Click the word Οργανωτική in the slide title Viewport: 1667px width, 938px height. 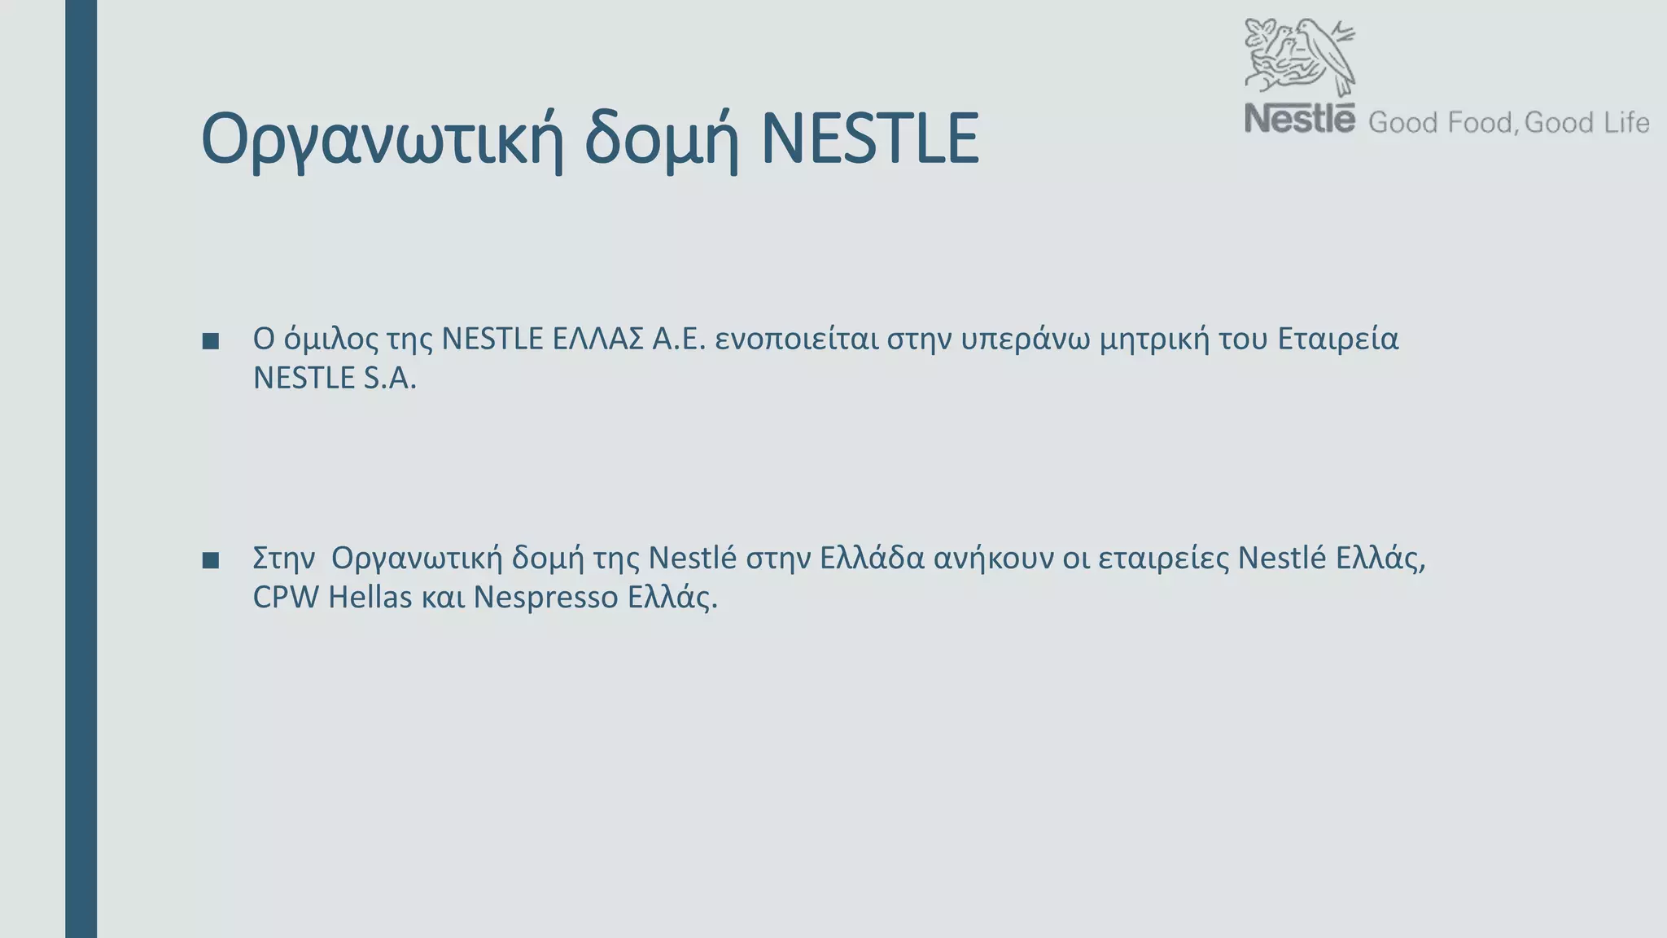click(383, 140)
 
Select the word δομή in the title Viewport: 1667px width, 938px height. click(661, 140)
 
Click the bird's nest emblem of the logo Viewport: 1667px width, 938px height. click(1300, 57)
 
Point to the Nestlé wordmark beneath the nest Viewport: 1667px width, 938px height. click(1299, 119)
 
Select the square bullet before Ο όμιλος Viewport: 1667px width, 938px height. click(211, 341)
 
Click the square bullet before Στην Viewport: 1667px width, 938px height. click(211, 560)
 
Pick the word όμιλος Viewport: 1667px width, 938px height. click(330, 340)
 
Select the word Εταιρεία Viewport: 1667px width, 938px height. click(1337, 339)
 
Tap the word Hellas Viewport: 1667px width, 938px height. click(370, 598)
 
